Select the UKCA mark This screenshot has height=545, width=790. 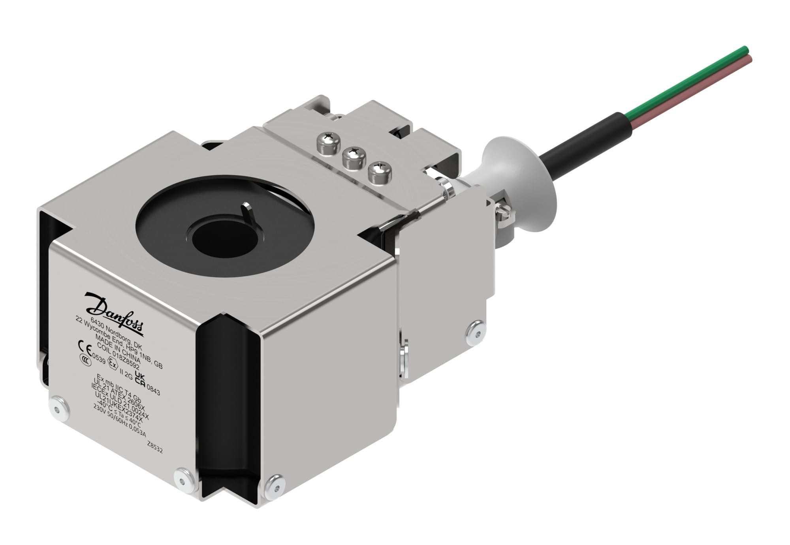[x=140, y=378]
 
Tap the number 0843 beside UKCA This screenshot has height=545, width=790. [x=153, y=391]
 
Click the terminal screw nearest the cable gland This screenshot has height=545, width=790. [x=380, y=173]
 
